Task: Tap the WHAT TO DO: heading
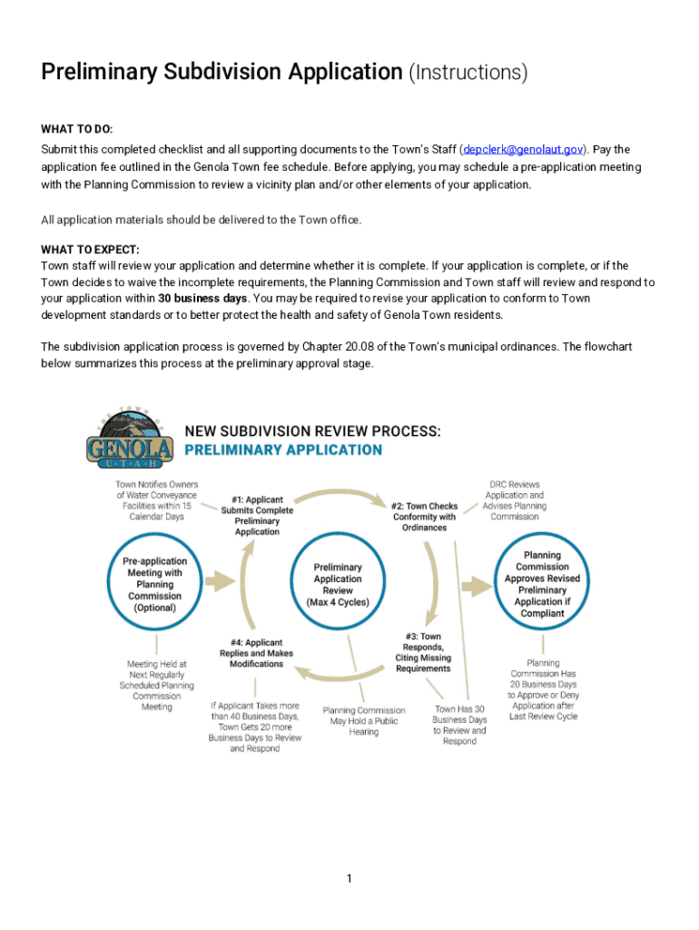click(77, 130)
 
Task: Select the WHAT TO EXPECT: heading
click(90, 250)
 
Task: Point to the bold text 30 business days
click(202, 298)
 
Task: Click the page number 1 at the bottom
click(349, 878)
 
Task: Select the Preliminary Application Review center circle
click(338, 584)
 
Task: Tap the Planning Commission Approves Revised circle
click(542, 584)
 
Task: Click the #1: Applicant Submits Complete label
click(257, 515)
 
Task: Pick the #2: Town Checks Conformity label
click(424, 516)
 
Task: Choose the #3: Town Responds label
click(423, 652)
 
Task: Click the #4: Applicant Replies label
click(257, 653)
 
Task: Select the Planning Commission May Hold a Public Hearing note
click(364, 721)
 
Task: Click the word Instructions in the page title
click(467, 73)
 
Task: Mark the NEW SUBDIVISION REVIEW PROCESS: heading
click(313, 431)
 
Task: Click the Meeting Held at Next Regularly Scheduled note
click(157, 685)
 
